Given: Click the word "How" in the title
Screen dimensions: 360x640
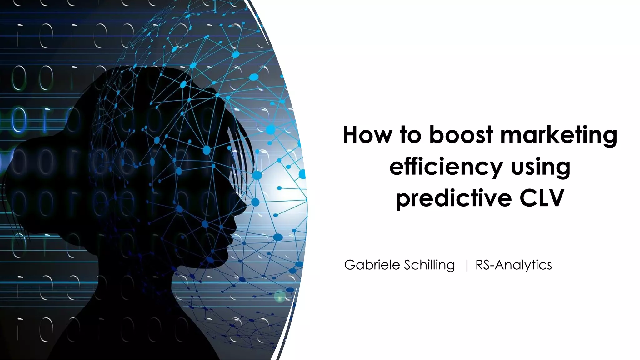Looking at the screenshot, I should [x=367, y=135].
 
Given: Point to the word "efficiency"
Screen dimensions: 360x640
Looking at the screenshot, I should [x=445, y=167].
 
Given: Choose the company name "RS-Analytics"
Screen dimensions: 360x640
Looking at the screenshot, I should [x=513, y=265].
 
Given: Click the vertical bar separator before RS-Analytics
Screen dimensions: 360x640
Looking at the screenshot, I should [x=467, y=266].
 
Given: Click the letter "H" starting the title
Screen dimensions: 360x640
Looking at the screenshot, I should [x=351, y=135].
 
